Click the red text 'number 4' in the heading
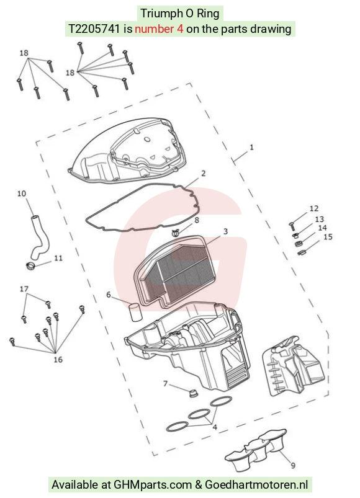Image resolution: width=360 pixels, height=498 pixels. pos(159,29)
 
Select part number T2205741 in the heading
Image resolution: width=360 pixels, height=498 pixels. pos(94,29)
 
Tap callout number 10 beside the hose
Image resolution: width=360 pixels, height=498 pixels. pos(22,193)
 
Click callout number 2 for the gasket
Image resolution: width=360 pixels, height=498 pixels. pos(204,173)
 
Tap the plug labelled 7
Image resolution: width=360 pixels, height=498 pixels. pos(192,393)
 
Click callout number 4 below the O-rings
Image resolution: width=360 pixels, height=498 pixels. pos(215,427)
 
